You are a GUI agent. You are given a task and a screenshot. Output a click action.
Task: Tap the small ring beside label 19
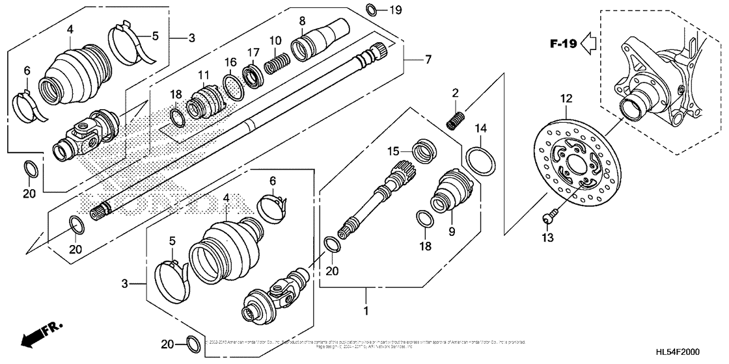tap(371, 9)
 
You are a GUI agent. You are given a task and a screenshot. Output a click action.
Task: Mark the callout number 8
tap(302, 21)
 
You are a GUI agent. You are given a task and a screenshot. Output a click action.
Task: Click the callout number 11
tap(204, 75)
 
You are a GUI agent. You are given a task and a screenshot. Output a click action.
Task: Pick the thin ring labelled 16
tap(231, 84)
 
